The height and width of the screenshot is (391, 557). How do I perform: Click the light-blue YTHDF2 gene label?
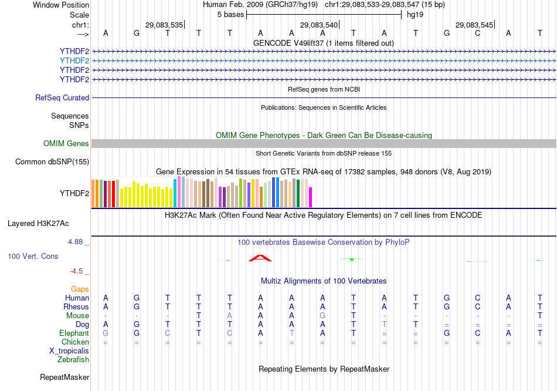coord(74,60)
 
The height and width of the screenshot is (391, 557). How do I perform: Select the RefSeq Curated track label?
coord(62,98)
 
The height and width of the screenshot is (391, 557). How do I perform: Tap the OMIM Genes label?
coord(66,144)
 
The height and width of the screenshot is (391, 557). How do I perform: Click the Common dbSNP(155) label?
coord(52,162)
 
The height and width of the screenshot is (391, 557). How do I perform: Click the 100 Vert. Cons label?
coord(33,257)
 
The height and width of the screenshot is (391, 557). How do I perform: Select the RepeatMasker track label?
coord(64,377)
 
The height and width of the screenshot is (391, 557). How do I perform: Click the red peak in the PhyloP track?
coord(260,258)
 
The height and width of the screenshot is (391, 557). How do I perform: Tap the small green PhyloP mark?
coord(351,259)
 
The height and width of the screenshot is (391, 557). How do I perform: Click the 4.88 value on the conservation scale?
coord(76,242)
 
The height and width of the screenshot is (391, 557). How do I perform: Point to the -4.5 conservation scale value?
coord(77,271)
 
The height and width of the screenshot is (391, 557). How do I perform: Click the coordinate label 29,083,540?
coord(319,25)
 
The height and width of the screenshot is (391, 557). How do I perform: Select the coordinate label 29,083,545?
coord(474,25)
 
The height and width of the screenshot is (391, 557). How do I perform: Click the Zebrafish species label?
coord(73,360)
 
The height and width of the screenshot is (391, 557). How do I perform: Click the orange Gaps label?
coord(80,289)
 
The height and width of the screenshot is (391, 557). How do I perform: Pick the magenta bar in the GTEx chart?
coord(311,197)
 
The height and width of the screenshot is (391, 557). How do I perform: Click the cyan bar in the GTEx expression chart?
coord(175,193)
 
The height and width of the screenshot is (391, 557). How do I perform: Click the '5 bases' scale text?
coord(229,14)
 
